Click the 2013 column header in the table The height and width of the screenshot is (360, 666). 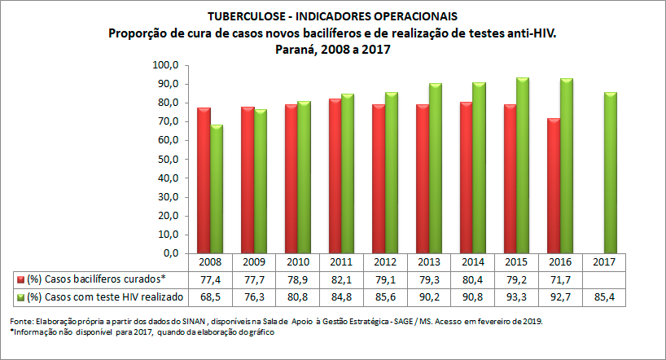point(429,263)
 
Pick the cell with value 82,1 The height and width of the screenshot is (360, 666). point(341,279)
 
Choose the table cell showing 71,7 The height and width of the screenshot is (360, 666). point(561,279)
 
